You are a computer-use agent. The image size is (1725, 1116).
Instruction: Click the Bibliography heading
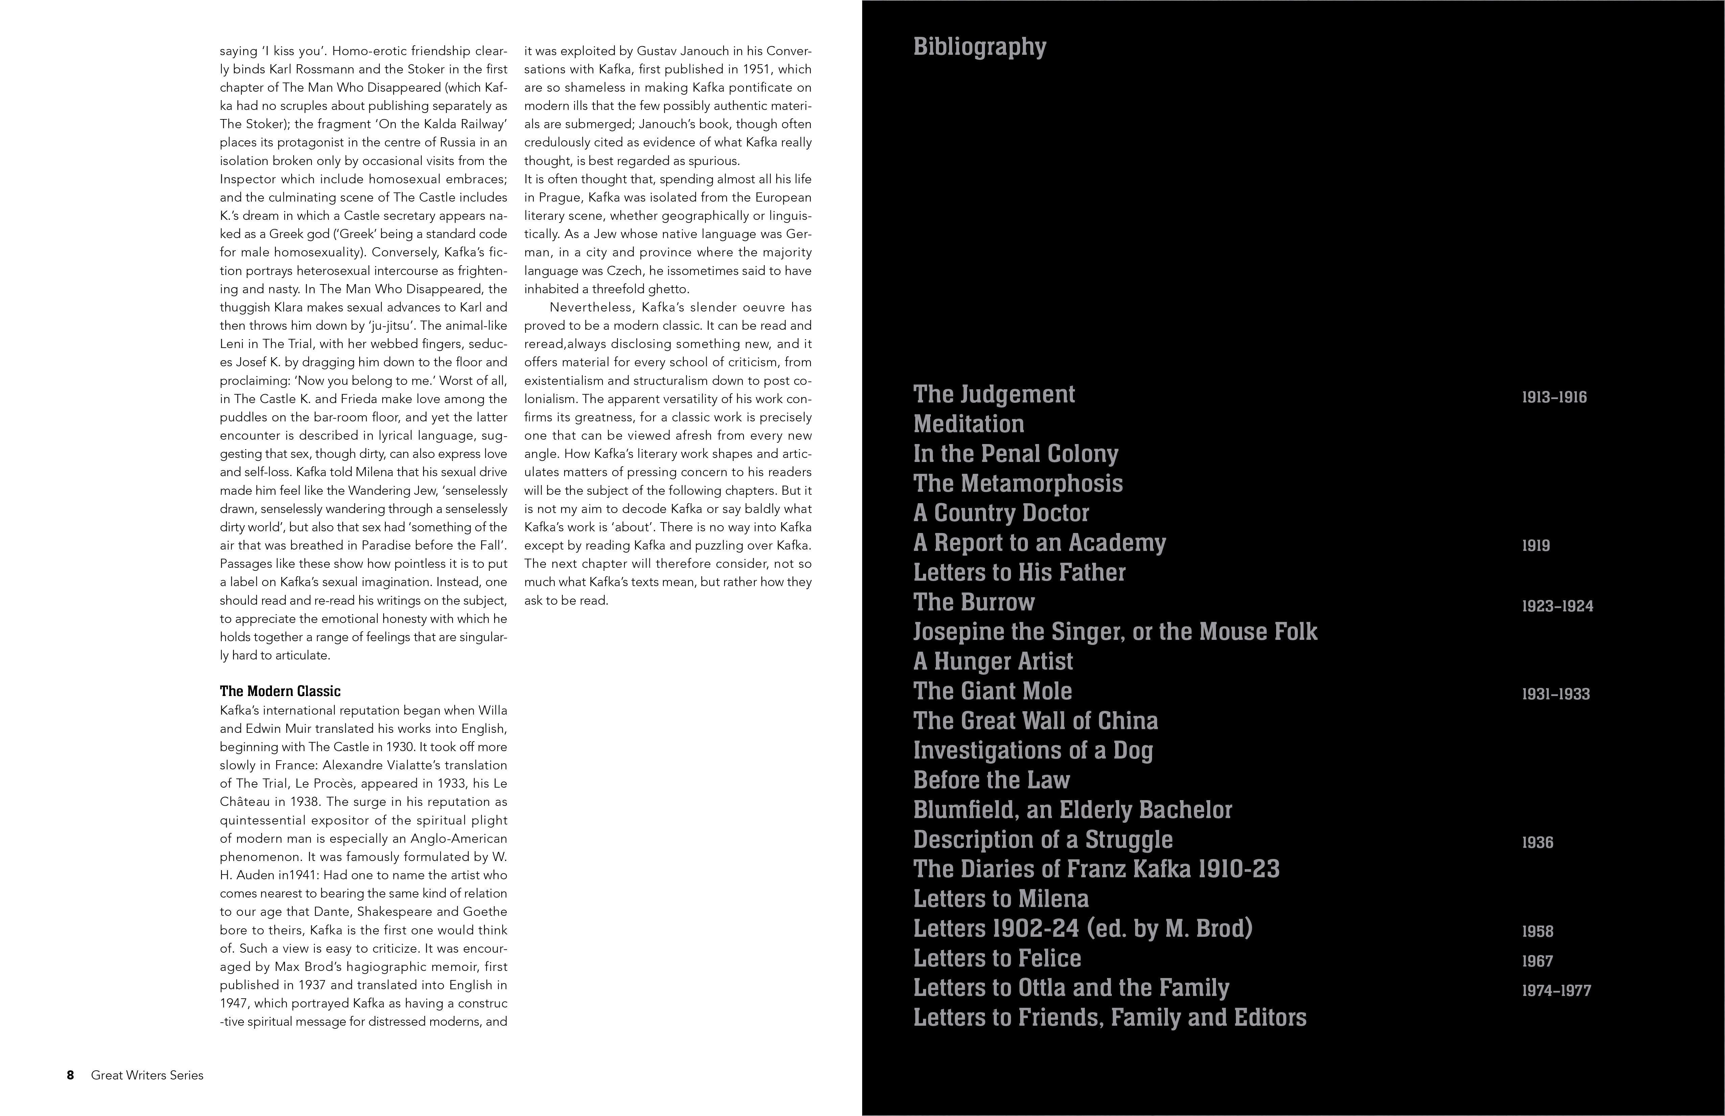[x=979, y=47]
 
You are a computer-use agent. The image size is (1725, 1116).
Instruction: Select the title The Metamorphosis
[x=1018, y=483]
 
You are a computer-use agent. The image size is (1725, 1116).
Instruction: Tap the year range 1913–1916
[x=1554, y=397]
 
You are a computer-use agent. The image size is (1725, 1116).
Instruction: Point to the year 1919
[x=1536, y=546]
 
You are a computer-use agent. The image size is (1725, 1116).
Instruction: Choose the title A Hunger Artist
[x=993, y=661]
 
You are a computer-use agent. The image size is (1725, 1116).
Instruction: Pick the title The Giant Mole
[x=992, y=691]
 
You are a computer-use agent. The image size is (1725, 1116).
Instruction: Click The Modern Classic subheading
[x=280, y=691]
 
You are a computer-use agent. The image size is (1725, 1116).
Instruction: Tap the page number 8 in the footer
[x=70, y=1075]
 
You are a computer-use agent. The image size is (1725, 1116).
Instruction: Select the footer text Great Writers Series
[x=147, y=1075]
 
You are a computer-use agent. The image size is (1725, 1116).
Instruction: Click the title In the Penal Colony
[x=1015, y=454]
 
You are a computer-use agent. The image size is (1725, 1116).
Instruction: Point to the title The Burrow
[x=973, y=602]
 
